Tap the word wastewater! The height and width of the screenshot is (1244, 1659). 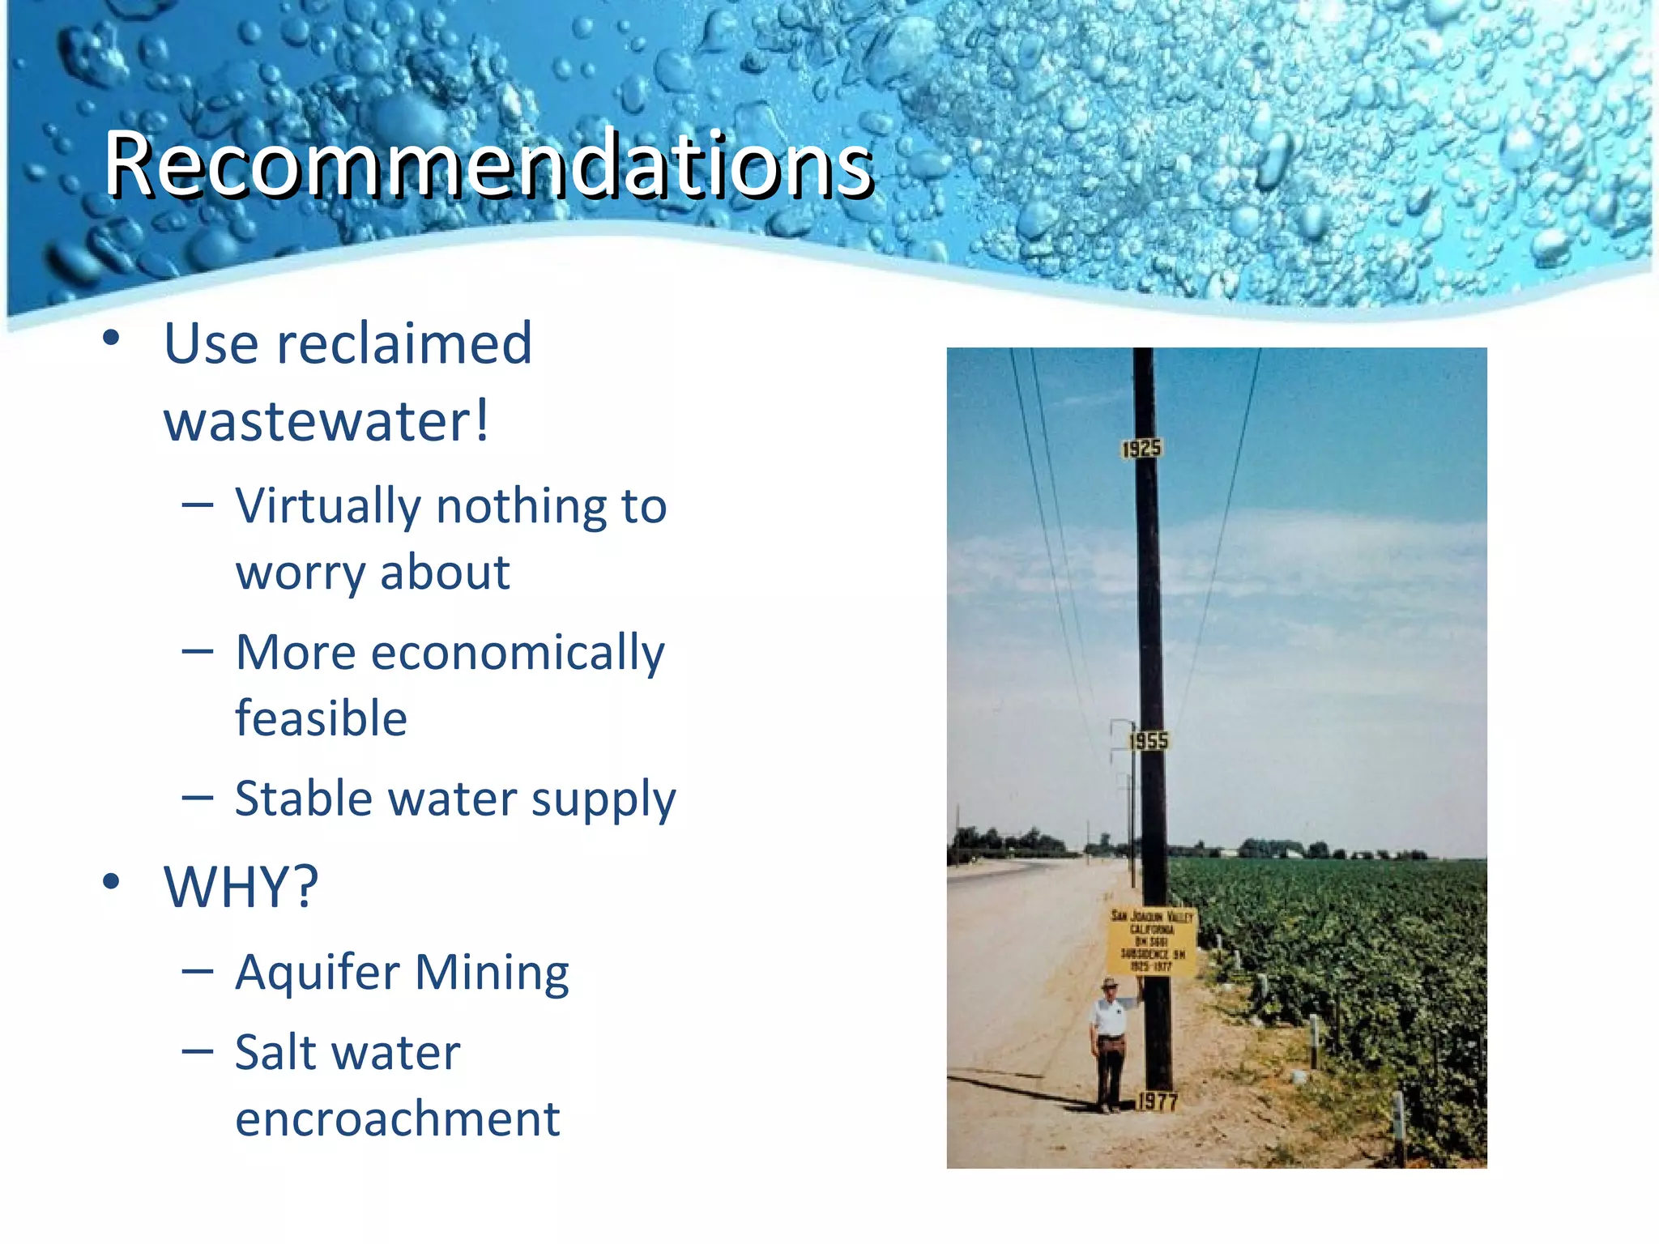(x=326, y=421)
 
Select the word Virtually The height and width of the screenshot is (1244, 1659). (x=327, y=507)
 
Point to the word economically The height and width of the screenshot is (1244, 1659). (x=518, y=654)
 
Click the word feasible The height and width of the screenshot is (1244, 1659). (x=321, y=719)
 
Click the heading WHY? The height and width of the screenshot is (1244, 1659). (x=241, y=888)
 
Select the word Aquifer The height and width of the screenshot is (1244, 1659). (x=317, y=972)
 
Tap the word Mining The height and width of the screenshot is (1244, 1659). (x=492, y=973)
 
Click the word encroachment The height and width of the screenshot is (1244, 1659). (x=397, y=1119)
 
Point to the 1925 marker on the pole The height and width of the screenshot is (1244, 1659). (x=1141, y=449)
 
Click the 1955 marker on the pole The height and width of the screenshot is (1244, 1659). (x=1149, y=740)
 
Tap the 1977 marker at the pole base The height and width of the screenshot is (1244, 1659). (x=1158, y=1101)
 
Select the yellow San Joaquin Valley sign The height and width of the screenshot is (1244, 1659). (x=1152, y=942)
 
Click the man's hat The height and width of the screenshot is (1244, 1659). (x=1110, y=984)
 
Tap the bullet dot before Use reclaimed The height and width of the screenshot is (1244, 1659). (x=112, y=338)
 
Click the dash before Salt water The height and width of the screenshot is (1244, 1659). (x=198, y=1052)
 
